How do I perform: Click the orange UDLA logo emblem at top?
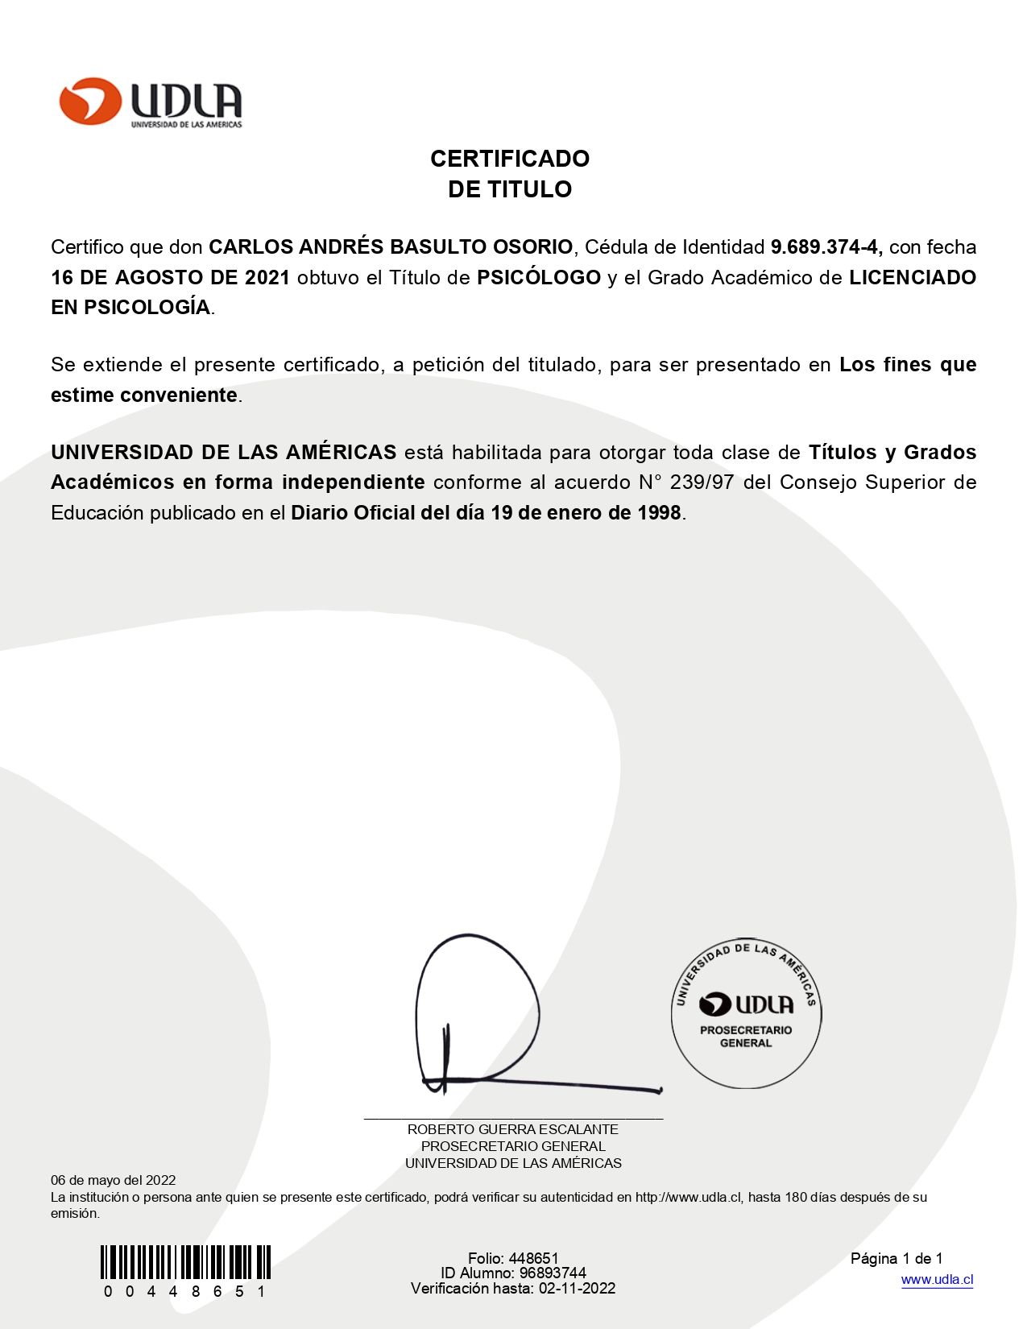click(89, 101)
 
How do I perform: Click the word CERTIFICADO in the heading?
click(509, 159)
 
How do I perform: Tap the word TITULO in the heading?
click(532, 189)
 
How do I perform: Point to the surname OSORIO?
click(532, 247)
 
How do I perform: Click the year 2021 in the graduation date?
click(267, 278)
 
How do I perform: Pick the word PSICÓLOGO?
click(538, 278)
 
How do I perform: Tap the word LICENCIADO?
click(912, 278)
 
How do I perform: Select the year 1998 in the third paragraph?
click(659, 513)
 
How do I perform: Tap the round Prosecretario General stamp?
click(746, 1012)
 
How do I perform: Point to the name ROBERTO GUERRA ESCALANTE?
click(512, 1130)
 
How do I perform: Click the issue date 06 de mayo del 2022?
click(113, 1181)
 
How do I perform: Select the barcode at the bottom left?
click(185, 1262)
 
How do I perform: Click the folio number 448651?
click(533, 1259)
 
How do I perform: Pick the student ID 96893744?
click(553, 1273)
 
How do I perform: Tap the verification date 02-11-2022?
click(577, 1289)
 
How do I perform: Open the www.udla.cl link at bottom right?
click(937, 1280)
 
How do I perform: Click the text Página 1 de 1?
click(896, 1259)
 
